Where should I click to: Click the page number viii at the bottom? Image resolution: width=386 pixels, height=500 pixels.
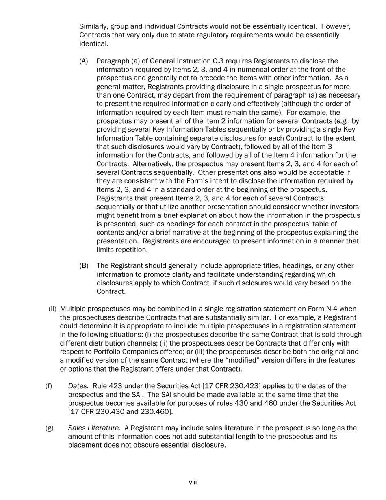pos(193,483)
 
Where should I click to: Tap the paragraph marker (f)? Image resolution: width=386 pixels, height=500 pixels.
pos(49,386)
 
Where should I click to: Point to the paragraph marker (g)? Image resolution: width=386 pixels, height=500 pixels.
pos(49,428)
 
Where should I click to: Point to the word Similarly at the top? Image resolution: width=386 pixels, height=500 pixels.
pos(94,26)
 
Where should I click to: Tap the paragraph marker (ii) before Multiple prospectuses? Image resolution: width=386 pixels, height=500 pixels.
pos(52,309)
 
